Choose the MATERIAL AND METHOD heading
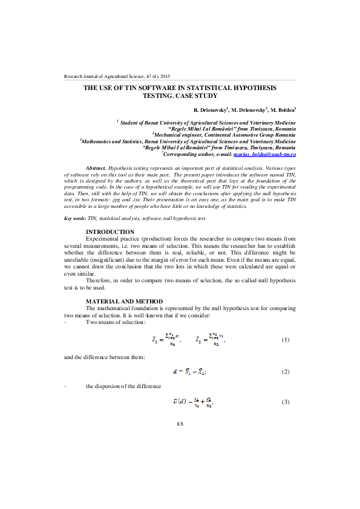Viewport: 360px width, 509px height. tap(124, 301)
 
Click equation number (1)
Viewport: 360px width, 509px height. tap(286, 340)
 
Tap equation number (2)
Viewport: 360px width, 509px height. tap(286, 371)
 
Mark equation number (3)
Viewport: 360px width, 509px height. tap(286, 402)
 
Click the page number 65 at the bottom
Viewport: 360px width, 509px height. tap(180, 424)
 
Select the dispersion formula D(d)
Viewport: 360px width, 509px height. tap(193, 402)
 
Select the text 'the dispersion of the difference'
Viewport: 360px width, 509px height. tap(123, 386)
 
